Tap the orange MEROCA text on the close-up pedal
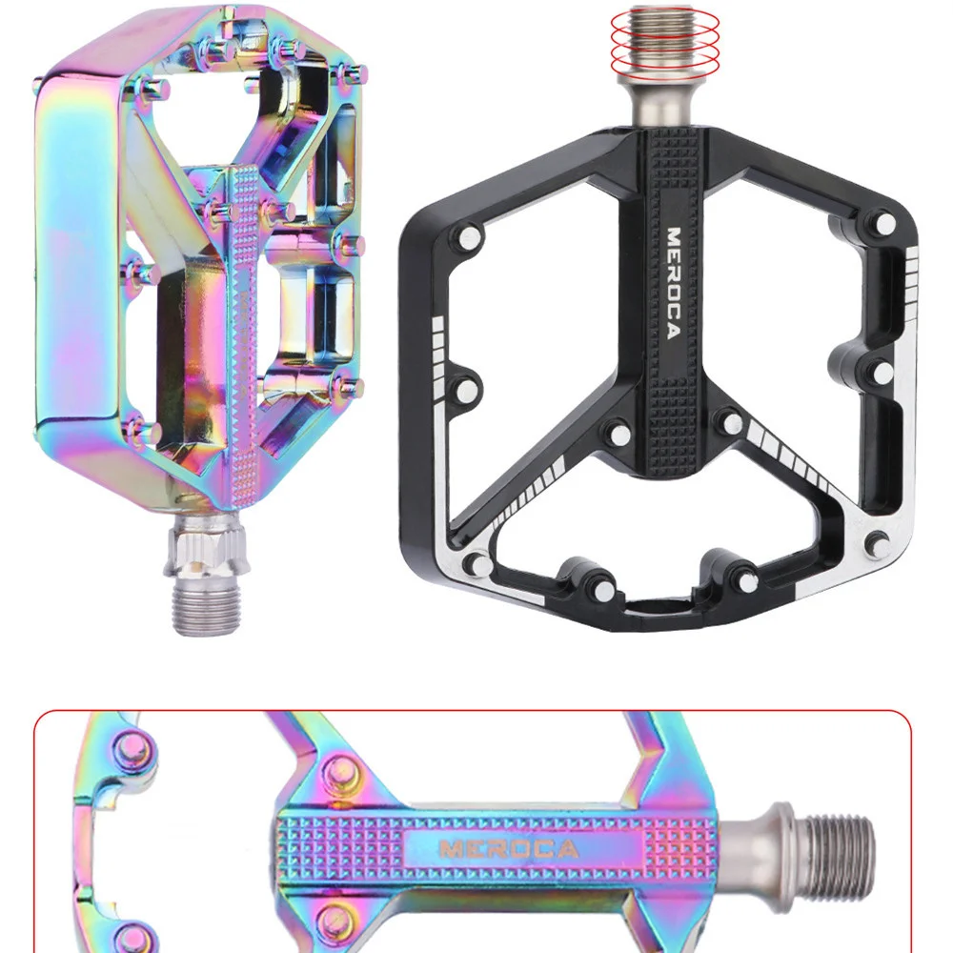[508, 848]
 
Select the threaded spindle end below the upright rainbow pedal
[207, 608]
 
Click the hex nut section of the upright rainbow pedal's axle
[207, 548]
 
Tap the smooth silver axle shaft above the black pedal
[664, 107]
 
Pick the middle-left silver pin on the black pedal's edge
[467, 388]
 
